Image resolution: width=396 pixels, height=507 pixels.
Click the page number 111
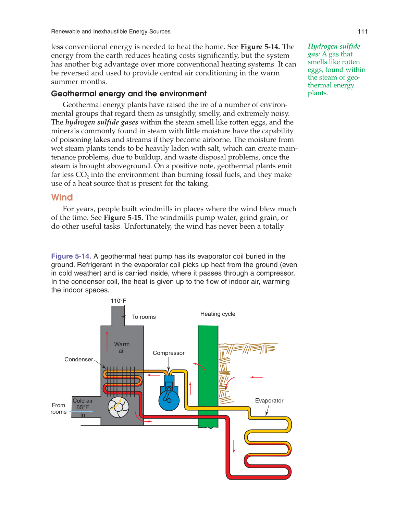[x=362, y=32]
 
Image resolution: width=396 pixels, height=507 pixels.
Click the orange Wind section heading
[x=62, y=197]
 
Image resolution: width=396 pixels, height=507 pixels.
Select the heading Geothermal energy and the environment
[x=129, y=94]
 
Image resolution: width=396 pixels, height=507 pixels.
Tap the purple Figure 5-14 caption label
[x=71, y=256]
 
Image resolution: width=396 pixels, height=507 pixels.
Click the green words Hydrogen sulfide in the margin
[x=334, y=46]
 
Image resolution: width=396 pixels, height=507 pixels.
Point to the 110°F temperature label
[x=118, y=301]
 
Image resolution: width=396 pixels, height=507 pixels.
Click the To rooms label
[x=144, y=317]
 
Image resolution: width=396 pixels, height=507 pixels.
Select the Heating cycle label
[x=218, y=314]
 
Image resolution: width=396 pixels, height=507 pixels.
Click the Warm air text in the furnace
[x=122, y=347]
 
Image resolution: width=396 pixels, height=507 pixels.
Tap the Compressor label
[x=169, y=353]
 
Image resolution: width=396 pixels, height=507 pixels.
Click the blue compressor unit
[x=169, y=396]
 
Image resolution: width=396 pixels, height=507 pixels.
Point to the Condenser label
[x=79, y=359]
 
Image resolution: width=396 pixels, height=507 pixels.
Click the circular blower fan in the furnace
[x=119, y=407]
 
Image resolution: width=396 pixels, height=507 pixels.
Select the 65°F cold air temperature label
[x=83, y=407]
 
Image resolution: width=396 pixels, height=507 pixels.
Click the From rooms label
[x=59, y=409]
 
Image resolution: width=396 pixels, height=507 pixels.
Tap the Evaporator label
[x=269, y=401]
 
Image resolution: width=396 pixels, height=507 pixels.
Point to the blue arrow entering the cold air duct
[x=81, y=412]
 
